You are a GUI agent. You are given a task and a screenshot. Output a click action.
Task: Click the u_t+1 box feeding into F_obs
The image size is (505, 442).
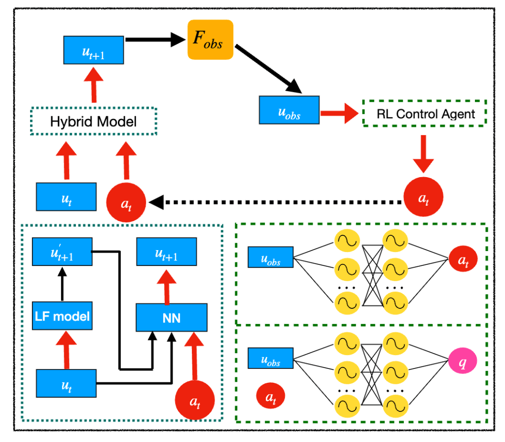[94, 50]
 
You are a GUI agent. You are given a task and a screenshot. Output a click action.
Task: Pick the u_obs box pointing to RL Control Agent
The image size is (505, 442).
[289, 110]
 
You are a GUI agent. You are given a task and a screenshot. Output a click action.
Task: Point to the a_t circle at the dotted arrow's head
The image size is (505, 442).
[126, 202]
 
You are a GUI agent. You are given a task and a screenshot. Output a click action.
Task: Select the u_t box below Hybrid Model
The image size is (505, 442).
[66, 197]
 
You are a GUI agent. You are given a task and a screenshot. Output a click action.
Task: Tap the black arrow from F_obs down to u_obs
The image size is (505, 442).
[269, 69]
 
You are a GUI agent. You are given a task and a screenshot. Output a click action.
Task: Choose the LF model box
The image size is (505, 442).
[62, 316]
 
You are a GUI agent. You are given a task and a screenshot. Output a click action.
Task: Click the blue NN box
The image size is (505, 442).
[171, 317]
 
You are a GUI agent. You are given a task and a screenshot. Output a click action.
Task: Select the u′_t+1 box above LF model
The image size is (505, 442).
[62, 252]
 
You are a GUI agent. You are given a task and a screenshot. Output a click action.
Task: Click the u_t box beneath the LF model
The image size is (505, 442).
[66, 383]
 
